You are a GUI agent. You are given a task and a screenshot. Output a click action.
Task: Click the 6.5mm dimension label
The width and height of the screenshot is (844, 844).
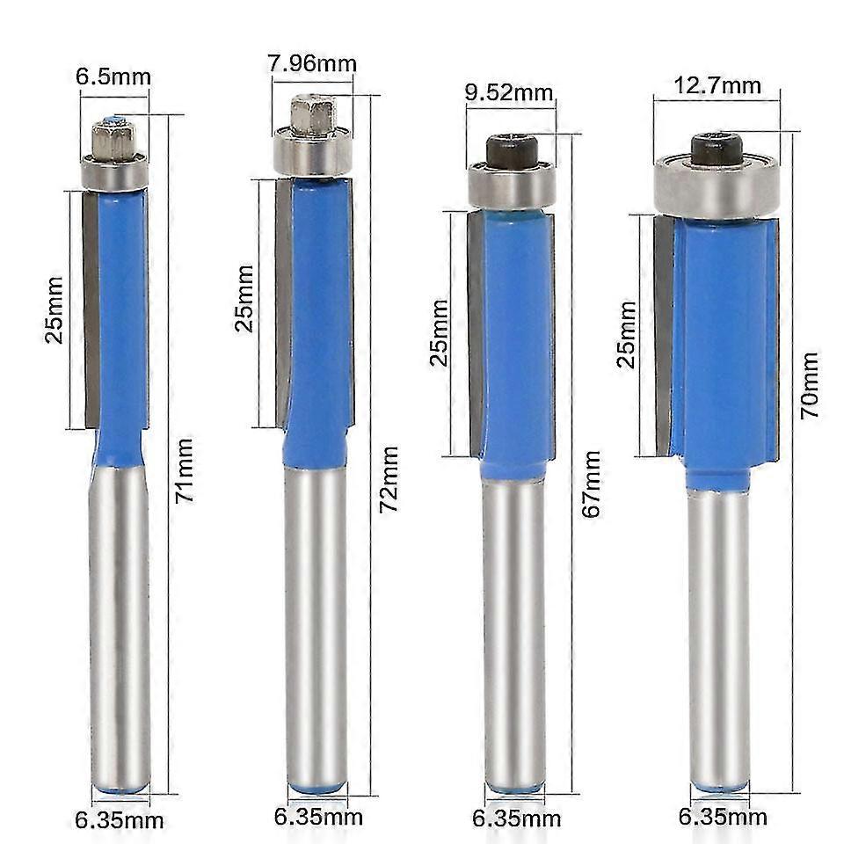(113, 76)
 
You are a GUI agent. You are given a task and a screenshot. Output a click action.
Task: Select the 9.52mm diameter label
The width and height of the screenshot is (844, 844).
(510, 91)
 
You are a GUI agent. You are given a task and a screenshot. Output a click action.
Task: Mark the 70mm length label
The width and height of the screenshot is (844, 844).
(809, 384)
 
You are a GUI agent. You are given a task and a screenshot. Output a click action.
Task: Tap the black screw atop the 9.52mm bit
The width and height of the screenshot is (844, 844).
(511, 150)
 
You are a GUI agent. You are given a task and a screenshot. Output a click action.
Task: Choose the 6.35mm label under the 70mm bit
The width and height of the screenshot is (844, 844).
(721, 817)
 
